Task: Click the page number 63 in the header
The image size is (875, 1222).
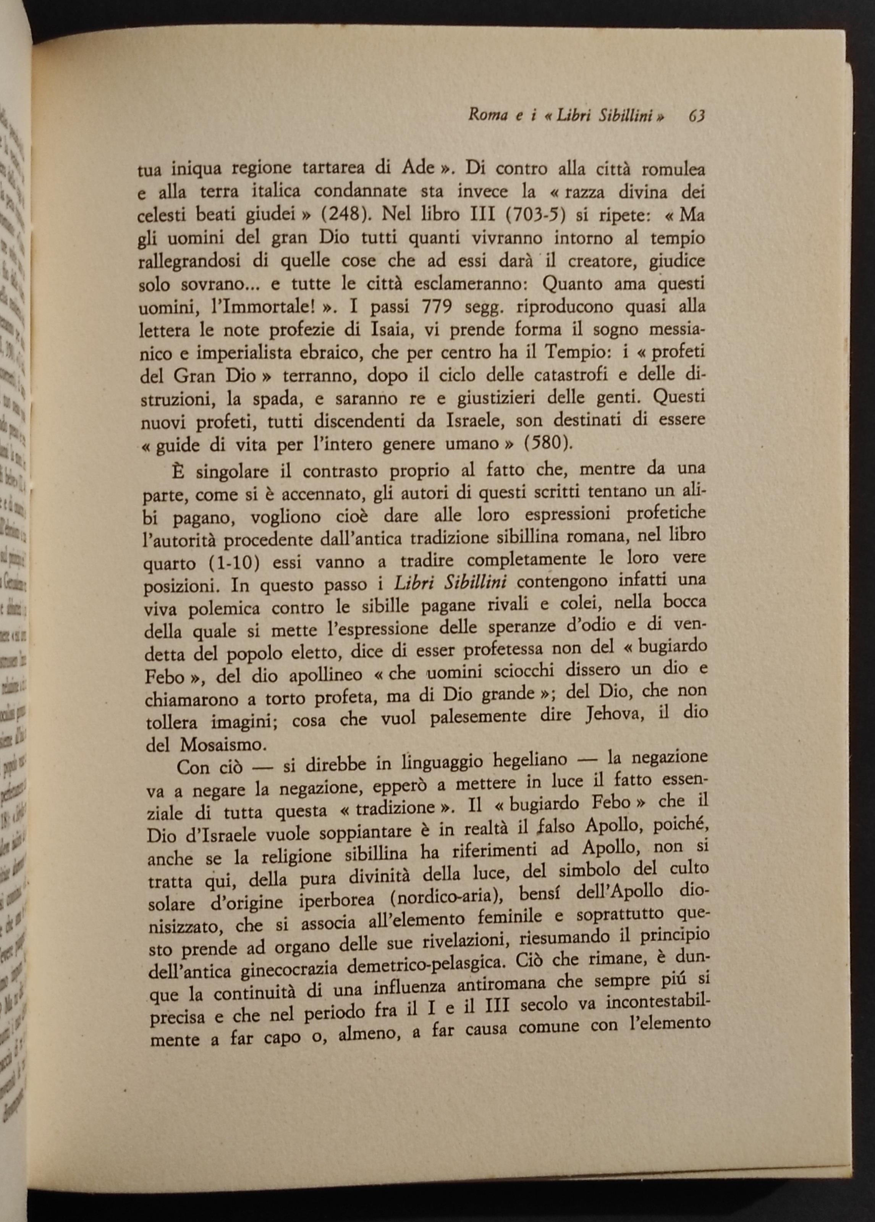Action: click(x=697, y=115)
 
